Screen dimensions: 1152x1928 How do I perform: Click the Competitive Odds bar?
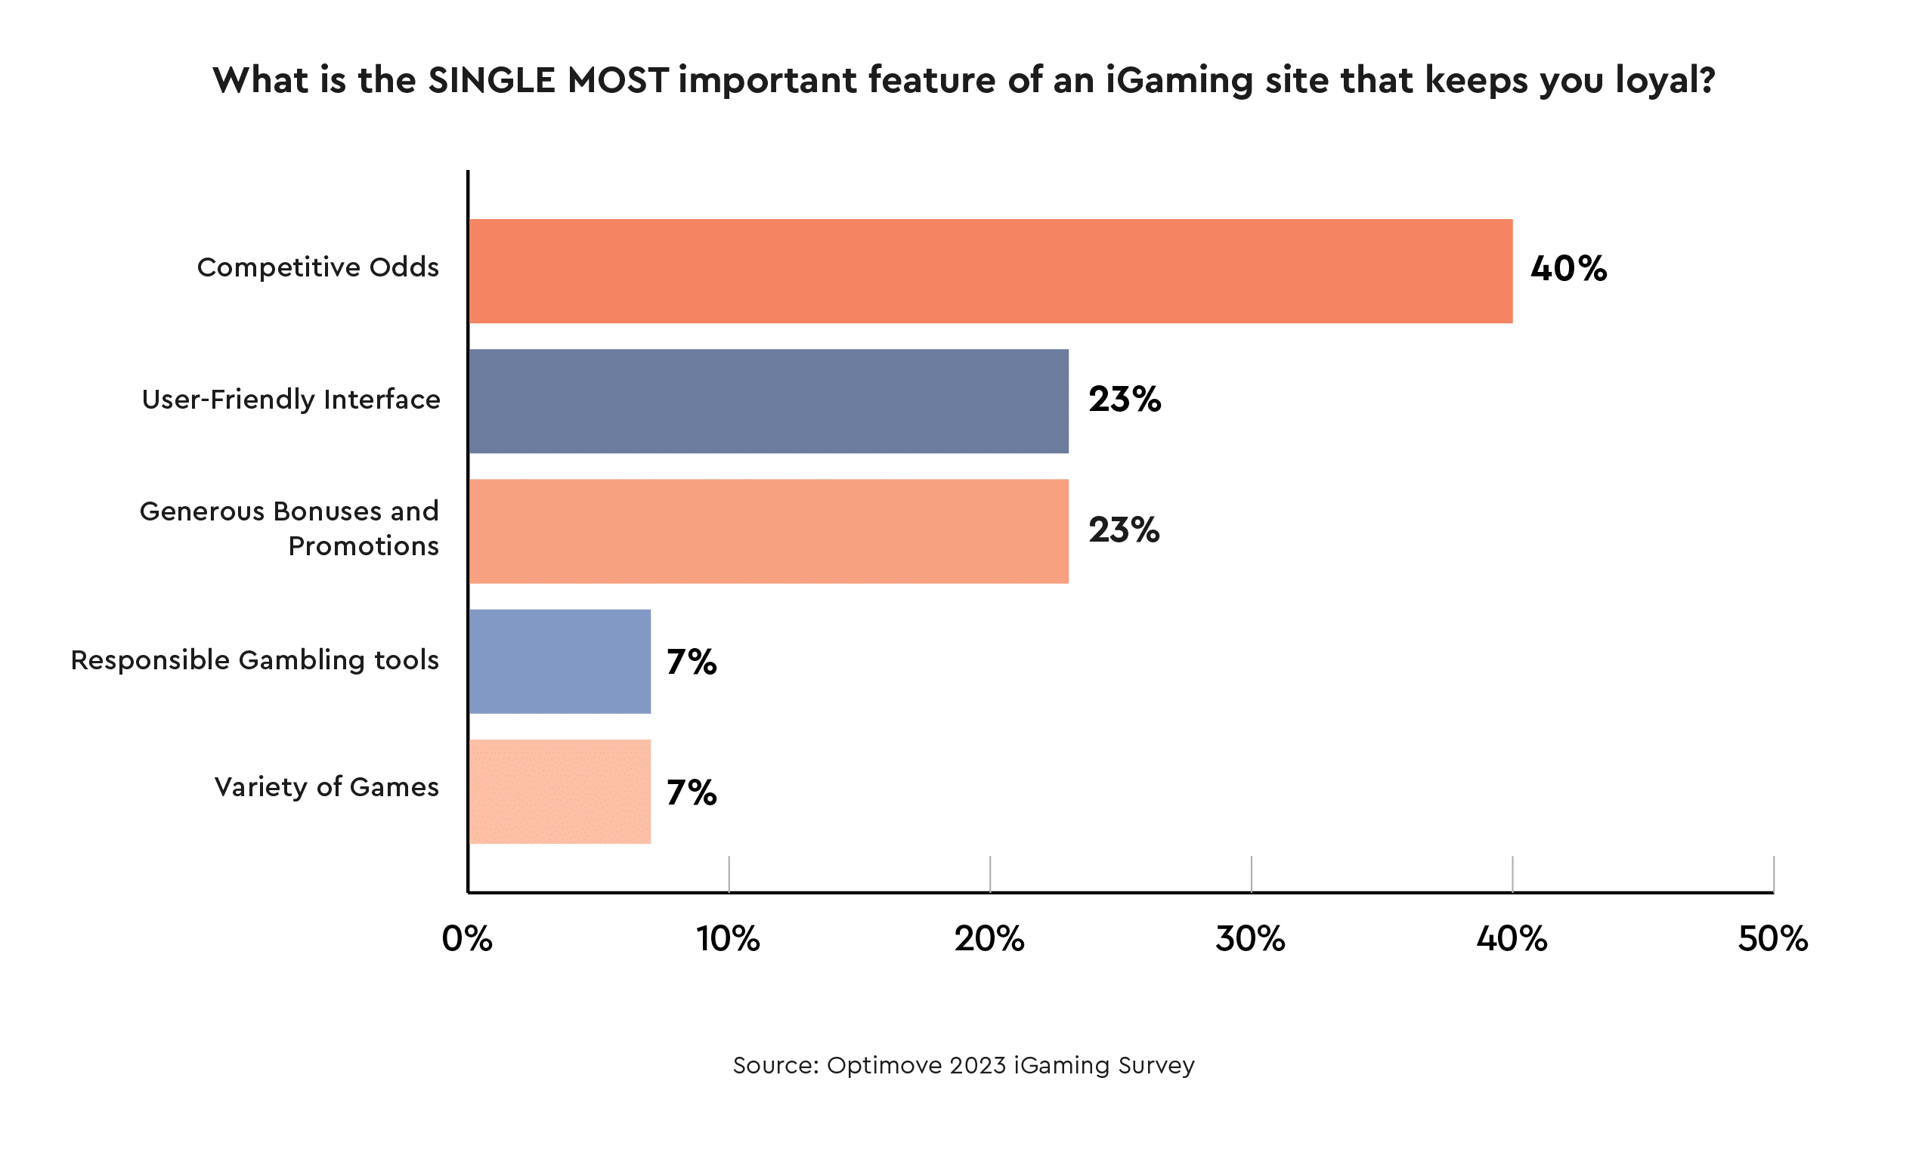click(990, 271)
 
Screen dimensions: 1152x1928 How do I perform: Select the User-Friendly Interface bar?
click(768, 400)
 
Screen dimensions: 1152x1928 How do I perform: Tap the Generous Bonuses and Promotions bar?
click(768, 531)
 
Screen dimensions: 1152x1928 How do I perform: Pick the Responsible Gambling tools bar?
click(559, 662)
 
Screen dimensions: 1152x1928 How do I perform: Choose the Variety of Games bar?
click(559, 792)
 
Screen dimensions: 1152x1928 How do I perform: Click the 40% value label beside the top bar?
click(1567, 269)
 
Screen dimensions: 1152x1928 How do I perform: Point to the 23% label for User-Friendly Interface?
click(1124, 399)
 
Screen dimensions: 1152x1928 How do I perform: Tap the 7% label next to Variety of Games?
click(691, 792)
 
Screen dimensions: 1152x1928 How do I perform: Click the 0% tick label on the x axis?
click(466, 939)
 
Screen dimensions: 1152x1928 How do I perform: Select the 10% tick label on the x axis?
click(728, 939)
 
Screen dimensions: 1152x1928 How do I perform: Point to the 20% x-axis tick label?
click(989, 939)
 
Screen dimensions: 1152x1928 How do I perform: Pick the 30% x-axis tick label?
click(1250, 939)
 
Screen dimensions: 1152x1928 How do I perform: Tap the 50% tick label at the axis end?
click(1773, 939)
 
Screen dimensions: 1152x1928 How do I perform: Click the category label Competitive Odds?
click(317, 267)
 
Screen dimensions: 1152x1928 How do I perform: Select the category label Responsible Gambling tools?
click(255, 659)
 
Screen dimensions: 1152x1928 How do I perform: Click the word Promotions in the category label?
click(364, 546)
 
